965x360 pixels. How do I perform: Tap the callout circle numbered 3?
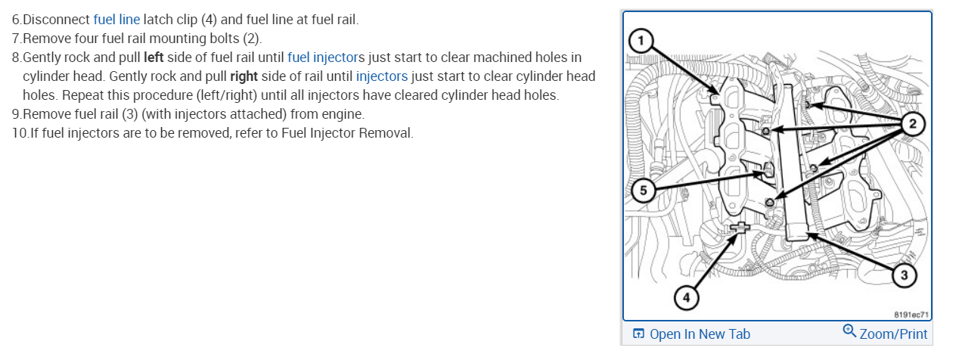[904, 276]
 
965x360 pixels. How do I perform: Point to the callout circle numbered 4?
[686, 298]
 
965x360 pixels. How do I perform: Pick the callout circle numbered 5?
[643, 191]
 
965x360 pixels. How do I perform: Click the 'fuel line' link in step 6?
[116, 20]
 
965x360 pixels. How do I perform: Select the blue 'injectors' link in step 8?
[381, 76]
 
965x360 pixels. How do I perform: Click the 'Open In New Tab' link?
[700, 334]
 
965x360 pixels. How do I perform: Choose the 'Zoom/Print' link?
[893, 334]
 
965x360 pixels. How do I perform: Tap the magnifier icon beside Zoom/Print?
[849, 331]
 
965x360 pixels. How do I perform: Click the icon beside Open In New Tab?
[638, 334]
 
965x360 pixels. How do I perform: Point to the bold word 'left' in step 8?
[154, 57]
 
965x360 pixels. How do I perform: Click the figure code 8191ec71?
[910, 313]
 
